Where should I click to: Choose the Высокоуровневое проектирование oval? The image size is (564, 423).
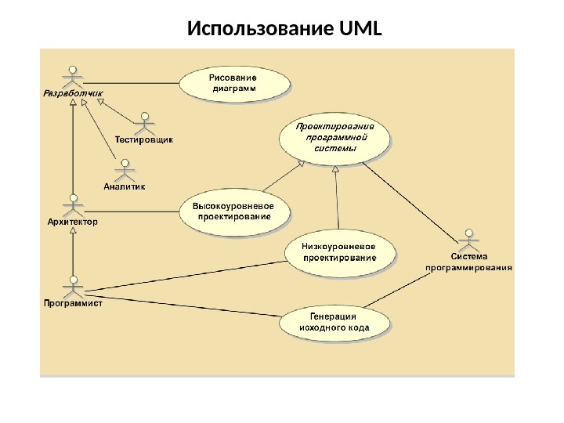(x=234, y=211)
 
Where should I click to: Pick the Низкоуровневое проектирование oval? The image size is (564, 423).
(x=338, y=251)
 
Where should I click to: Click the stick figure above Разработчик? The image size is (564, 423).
(x=72, y=75)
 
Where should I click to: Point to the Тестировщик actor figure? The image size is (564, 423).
(x=143, y=122)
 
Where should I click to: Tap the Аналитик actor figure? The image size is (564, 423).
(x=124, y=169)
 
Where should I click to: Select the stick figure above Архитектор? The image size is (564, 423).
(x=72, y=204)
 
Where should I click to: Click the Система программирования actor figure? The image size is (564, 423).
(x=468, y=239)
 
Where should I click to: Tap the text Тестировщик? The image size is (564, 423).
(x=144, y=139)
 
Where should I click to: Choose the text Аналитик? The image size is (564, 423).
(x=124, y=186)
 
